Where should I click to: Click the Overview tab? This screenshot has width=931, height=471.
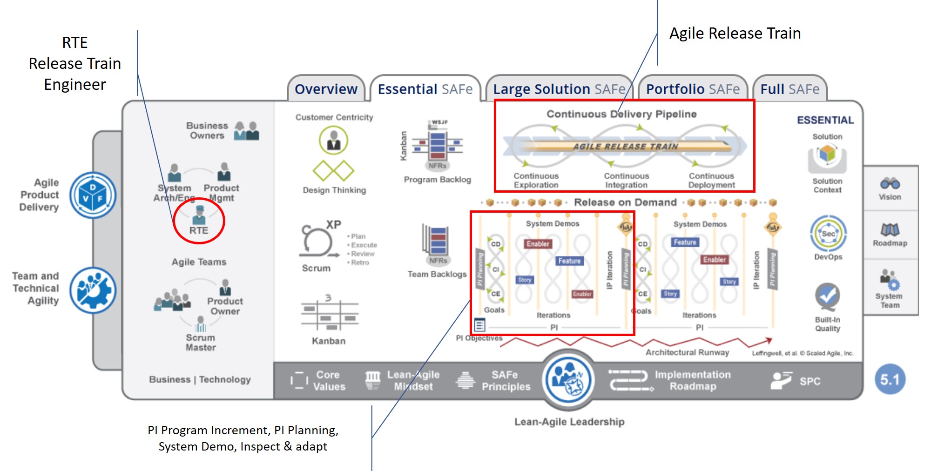point(326,89)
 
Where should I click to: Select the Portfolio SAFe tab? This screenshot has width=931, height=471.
point(693,89)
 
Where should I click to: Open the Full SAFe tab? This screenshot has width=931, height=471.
point(789,89)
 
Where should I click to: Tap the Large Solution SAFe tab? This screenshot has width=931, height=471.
point(559,89)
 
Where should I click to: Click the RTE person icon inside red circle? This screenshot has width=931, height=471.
point(199,215)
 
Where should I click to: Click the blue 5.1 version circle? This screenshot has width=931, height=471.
point(890,379)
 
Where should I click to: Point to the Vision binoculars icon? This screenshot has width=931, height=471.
point(890,183)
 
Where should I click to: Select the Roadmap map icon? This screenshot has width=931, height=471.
point(890,229)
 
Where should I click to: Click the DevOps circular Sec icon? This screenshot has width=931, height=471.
point(828,234)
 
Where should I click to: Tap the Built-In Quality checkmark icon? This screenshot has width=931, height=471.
point(827,296)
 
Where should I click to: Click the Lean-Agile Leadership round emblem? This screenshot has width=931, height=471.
point(569,379)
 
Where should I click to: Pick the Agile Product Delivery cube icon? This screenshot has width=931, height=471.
point(93,195)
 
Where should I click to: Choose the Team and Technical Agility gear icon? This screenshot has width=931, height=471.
point(93,290)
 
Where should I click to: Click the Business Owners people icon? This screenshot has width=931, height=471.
point(246,131)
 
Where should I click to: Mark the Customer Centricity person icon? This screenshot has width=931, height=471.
point(333,140)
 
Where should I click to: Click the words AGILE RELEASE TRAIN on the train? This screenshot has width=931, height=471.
point(625,146)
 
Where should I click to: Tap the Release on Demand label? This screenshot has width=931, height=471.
point(625,202)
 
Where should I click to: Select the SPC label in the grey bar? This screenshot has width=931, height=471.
point(810,381)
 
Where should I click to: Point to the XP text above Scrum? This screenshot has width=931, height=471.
point(333,224)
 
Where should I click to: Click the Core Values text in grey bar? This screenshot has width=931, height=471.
point(329,381)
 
